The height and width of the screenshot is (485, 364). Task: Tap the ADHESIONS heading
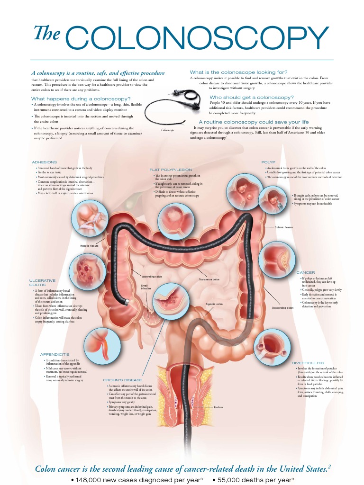click(45, 162)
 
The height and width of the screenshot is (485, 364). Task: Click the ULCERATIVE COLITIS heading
click(43, 283)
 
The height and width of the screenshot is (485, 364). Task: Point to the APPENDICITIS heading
click(55, 354)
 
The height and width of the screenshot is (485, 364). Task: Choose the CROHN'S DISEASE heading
click(122, 380)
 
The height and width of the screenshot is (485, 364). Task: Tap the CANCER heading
click(306, 273)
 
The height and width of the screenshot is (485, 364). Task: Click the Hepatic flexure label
click(89, 246)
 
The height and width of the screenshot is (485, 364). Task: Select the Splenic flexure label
click(284, 227)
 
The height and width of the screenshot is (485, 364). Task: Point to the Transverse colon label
click(209, 279)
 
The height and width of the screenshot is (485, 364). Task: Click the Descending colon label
click(282, 308)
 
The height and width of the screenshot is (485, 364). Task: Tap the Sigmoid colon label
click(214, 304)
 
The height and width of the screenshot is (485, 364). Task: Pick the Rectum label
click(218, 407)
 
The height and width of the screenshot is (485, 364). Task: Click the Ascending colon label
click(152, 276)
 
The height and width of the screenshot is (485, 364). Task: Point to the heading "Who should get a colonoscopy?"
click(252, 97)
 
